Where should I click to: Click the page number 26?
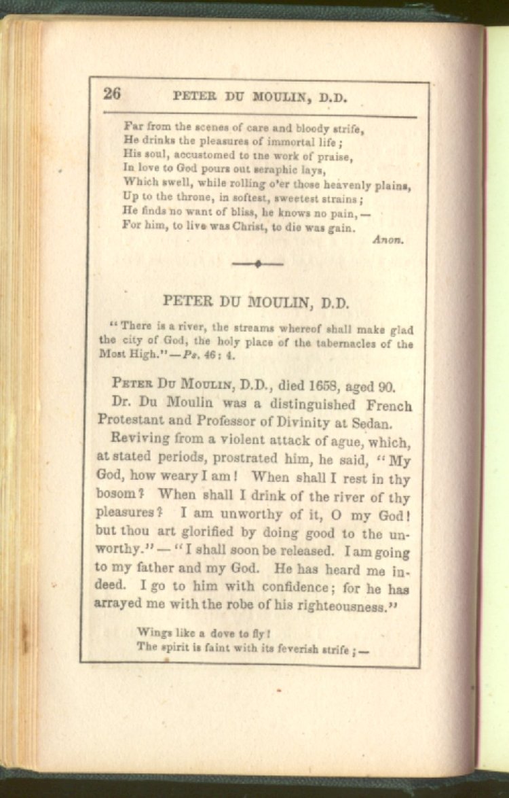click(x=112, y=94)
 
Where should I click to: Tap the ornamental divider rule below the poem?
click(x=257, y=264)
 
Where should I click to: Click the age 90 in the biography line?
click(x=386, y=387)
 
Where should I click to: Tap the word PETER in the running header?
click(x=194, y=97)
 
